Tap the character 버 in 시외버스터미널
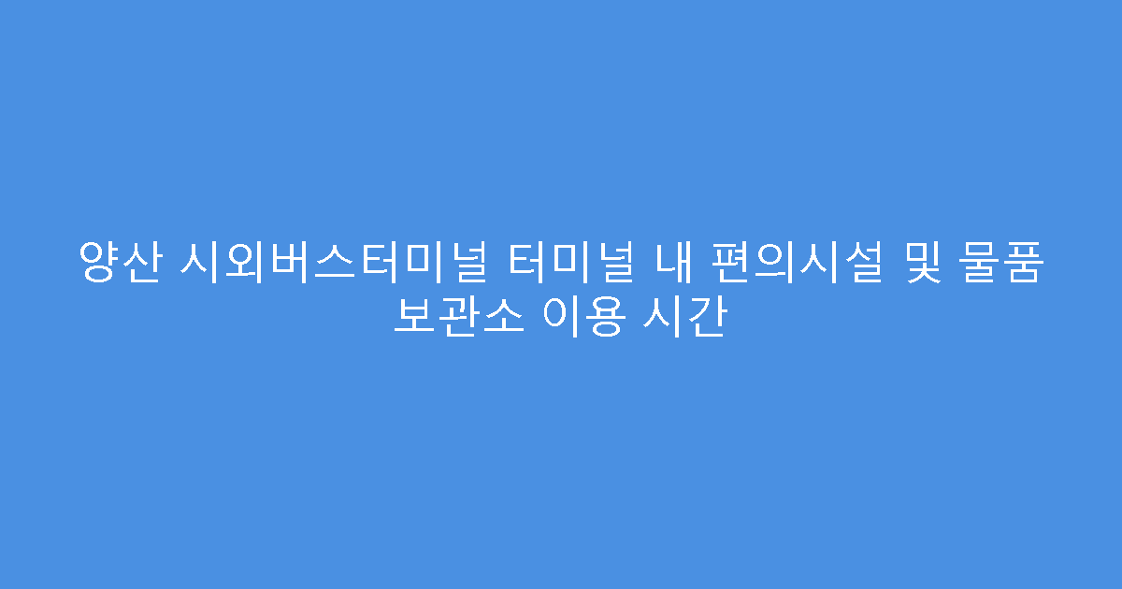[286, 263]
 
